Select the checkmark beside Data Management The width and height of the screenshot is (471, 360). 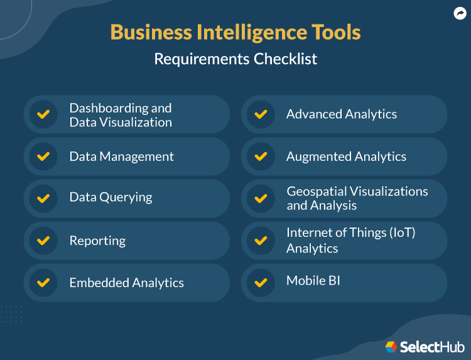pos(43,156)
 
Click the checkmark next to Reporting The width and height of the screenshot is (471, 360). pos(43,241)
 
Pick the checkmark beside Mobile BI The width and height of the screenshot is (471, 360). pos(261,282)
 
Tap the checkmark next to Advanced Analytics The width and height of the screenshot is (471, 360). pos(261,114)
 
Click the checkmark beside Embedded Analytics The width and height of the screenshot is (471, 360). pos(43,283)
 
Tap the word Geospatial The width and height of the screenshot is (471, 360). pos(318,191)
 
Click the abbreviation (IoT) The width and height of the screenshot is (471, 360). pos(399,232)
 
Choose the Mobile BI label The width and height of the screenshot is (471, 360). pos(313,280)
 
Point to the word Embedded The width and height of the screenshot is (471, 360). pos(97,283)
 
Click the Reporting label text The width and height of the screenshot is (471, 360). pos(97,241)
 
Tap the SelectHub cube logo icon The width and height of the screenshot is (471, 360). pos(391,347)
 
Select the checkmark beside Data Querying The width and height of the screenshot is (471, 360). pos(43,199)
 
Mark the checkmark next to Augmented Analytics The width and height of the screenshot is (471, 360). pos(261,156)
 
